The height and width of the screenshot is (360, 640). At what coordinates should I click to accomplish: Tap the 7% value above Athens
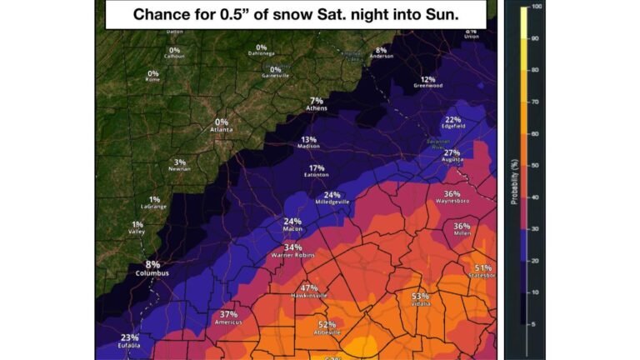(x=316, y=100)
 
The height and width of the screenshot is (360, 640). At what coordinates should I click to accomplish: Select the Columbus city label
(x=152, y=273)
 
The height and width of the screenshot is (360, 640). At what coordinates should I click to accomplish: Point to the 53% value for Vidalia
(x=419, y=296)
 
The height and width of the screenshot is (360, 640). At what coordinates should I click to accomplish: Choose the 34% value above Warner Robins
(x=292, y=247)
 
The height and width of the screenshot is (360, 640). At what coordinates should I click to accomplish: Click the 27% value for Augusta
(x=452, y=152)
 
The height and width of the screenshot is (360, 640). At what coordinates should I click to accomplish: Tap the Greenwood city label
(x=427, y=86)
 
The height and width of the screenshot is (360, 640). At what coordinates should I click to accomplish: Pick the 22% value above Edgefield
(x=453, y=119)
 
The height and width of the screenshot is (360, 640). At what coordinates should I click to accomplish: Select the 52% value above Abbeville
(x=327, y=325)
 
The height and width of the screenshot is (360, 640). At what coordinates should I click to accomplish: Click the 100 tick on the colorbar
(x=537, y=7)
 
